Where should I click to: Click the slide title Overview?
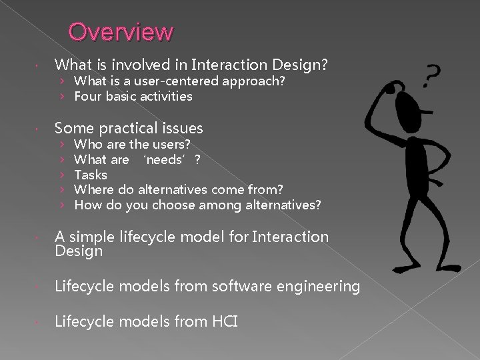[121, 31]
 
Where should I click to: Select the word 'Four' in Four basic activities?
[87, 97]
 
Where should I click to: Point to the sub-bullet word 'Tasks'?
[91, 175]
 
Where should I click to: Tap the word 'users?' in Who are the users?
[171, 144]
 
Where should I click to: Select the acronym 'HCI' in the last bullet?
[224, 321]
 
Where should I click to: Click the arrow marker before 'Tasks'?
[61, 175]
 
